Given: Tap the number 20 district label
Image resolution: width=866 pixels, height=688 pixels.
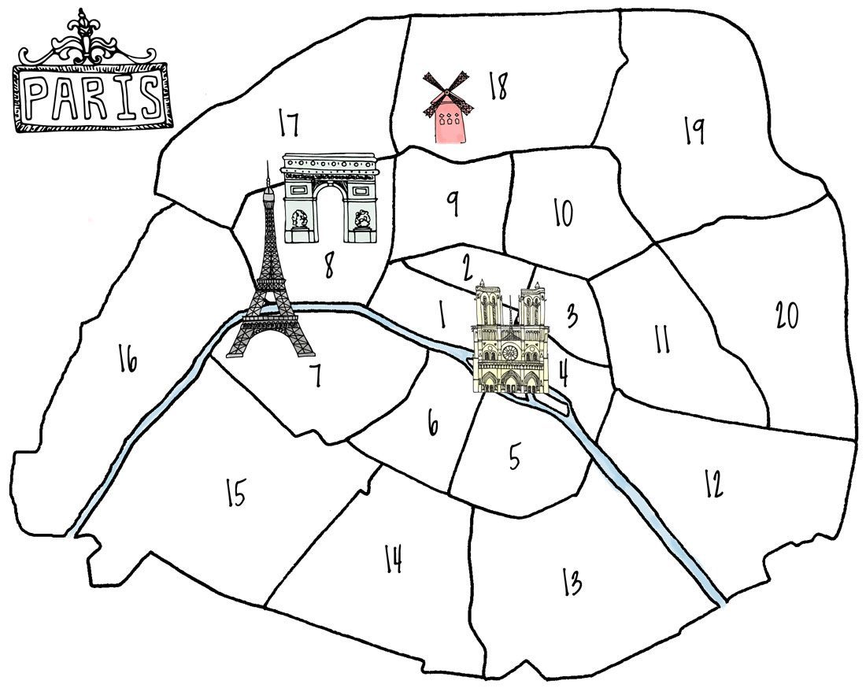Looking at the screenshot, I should [x=786, y=315].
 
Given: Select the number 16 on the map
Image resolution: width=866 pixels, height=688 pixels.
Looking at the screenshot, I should [x=128, y=360].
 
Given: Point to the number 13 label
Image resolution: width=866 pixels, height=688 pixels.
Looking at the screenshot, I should [x=572, y=582].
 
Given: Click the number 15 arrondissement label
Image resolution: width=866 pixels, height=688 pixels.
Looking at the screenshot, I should [x=235, y=494].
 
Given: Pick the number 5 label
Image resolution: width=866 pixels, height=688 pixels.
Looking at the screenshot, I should [x=515, y=457].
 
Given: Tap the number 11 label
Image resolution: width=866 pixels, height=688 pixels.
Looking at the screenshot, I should [x=661, y=339].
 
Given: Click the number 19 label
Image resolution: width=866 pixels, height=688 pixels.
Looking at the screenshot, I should [x=694, y=131].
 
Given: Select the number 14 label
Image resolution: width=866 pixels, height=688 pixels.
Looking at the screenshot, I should [x=394, y=560].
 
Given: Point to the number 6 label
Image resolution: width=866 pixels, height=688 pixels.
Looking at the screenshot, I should [x=432, y=424].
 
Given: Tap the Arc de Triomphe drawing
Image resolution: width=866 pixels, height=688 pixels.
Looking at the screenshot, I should [x=330, y=197].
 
